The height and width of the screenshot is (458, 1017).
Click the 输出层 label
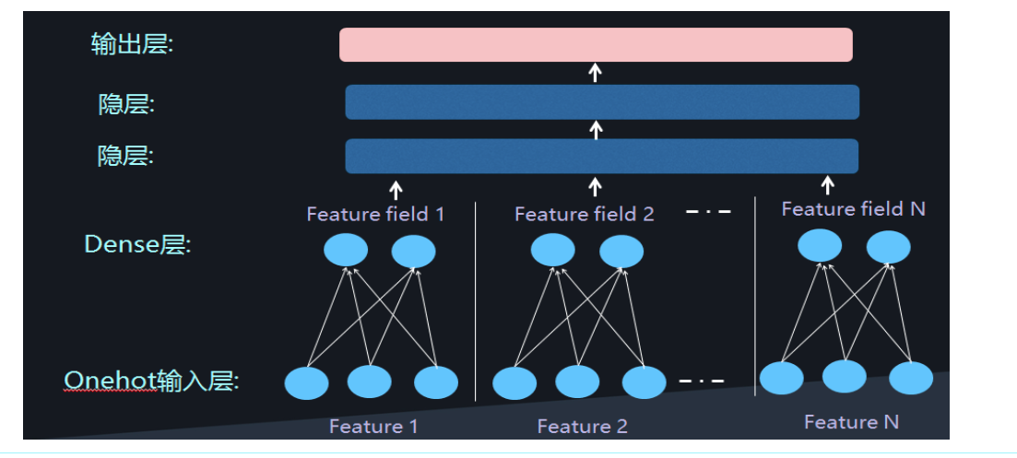click(x=133, y=44)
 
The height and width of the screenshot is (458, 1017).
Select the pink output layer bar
click(x=596, y=45)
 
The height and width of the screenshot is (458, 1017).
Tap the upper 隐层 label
click(x=126, y=104)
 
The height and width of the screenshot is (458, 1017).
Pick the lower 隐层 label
click(x=125, y=156)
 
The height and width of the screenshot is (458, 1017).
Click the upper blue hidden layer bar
click(x=602, y=102)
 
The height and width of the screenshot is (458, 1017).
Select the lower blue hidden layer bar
click(x=602, y=156)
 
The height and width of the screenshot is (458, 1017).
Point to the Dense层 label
click(x=137, y=244)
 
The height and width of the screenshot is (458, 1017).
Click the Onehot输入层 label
click(x=151, y=381)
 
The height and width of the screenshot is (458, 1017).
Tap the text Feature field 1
click(x=375, y=215)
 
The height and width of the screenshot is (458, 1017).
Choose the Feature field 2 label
click(x=584, y=215)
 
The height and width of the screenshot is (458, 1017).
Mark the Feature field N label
click(x=853, y=209)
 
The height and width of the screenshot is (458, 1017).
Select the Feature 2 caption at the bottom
click(x=582, y=427)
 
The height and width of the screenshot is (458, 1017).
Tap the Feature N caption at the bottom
click(x=851, y=422)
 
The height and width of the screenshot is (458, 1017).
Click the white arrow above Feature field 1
click(x=396, y=190)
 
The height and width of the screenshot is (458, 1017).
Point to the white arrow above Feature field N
click(x=827, y=185)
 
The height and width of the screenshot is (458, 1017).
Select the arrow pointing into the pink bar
click(x=596, y=72)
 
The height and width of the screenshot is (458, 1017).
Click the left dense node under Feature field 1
click(x=346, y=250)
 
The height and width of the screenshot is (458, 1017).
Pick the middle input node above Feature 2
click(x=577, y=382)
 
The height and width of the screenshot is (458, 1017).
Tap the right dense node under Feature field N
click(x=888, y=246)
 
